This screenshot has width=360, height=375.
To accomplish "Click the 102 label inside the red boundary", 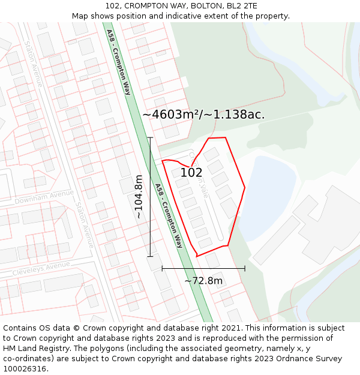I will [191, 172].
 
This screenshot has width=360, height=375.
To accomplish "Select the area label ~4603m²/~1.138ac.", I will [203, 114].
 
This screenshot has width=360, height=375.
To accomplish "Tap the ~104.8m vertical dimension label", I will [139, 196].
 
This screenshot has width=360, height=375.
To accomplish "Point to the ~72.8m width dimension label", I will [203, 280].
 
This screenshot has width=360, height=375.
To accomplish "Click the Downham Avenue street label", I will [44, 197].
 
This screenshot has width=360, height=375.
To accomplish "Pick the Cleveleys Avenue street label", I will [41, 268].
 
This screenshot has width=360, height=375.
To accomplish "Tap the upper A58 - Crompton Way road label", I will [119, 62].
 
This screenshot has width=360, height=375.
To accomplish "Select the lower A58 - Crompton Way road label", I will [169, 215].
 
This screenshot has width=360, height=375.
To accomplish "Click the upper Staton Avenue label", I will [34, 64].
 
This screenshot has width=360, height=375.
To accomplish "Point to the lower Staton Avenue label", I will [85, 225].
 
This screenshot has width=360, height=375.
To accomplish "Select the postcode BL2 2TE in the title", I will [241, 5].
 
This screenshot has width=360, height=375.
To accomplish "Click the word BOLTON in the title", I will [191, 5].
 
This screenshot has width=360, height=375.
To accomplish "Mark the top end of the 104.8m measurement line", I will [150, 138].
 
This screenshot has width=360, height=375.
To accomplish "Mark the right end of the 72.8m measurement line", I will [245, 268].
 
